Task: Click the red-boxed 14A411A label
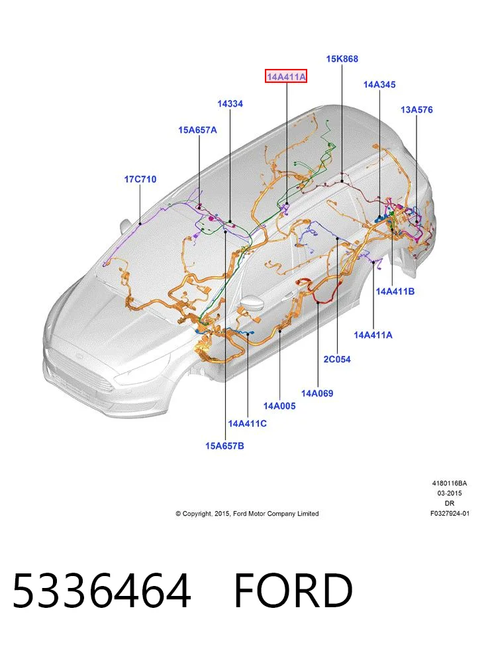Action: (x=286, y=76)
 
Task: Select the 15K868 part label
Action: (x=342, y=59)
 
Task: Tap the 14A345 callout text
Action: (x=379, y=84)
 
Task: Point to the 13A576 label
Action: (x=417, y=109)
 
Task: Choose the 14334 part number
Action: (x=230, y=103)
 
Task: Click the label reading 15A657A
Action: (x=197, y=130)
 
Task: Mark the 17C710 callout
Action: (x=140, y=180)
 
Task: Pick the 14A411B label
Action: (x=395, y=292)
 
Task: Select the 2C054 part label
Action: (x=337, y=359)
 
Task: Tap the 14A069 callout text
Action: (x=317, y=394)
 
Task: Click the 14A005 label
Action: (x=279, y=406)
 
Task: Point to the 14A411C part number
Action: (x=247, y=424)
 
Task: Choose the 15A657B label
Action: (x=224, y=446)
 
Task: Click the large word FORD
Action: (x=293, y=591)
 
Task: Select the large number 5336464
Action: (x=102, y=591)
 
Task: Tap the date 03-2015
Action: (x=449, y=493)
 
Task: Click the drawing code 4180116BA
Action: (x=449, y=483)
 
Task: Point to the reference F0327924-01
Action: (x=450, y=513)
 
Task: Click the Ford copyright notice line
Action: (x=247, y=514)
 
